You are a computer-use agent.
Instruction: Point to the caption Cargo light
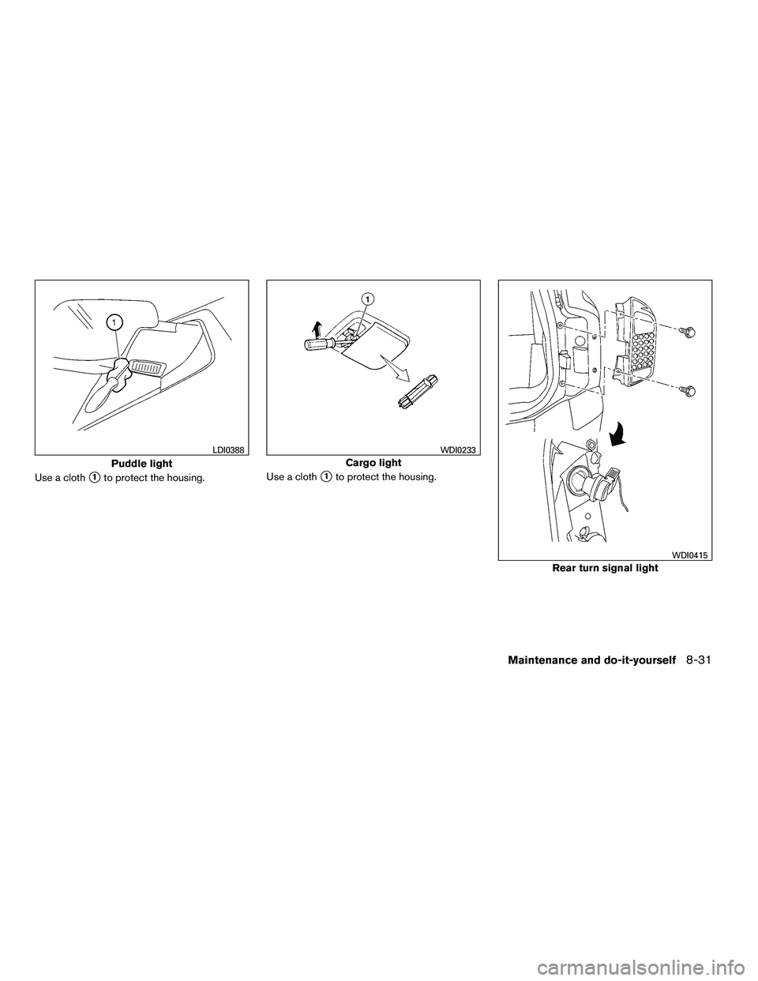(373, 463)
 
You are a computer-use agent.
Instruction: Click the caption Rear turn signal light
(605, 569)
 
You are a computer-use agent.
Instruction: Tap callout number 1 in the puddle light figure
(114, 321)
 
